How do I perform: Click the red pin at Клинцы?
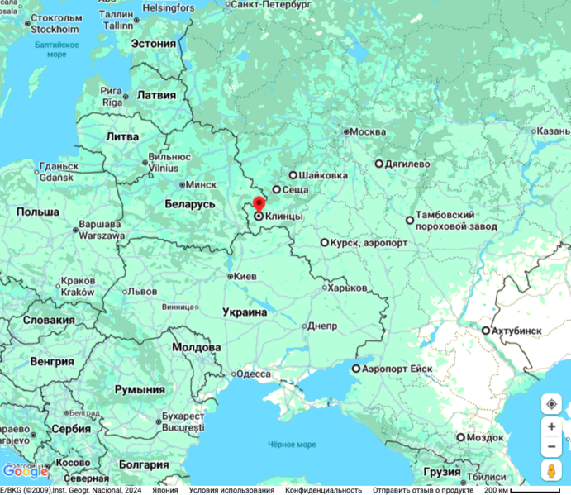click(259, 204)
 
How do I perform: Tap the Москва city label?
click(368, 131)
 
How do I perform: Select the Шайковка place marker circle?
click(293, 175)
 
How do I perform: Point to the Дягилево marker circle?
click(379, 164)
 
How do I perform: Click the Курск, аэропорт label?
click(369, 243)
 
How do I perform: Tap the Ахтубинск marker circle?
click(486, 331)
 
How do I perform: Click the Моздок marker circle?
click(461, 437)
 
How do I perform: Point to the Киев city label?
click(245, 276)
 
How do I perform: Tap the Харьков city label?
click(346, 288)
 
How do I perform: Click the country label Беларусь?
click(190, 203)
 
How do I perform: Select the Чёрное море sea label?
click(291, 445)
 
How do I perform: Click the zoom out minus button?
click(551, 447)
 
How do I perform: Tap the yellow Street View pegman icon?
click(551, 471)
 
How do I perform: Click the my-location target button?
click(551, 404)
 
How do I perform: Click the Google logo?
click(26, 472)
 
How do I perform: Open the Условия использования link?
click(231, 490)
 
